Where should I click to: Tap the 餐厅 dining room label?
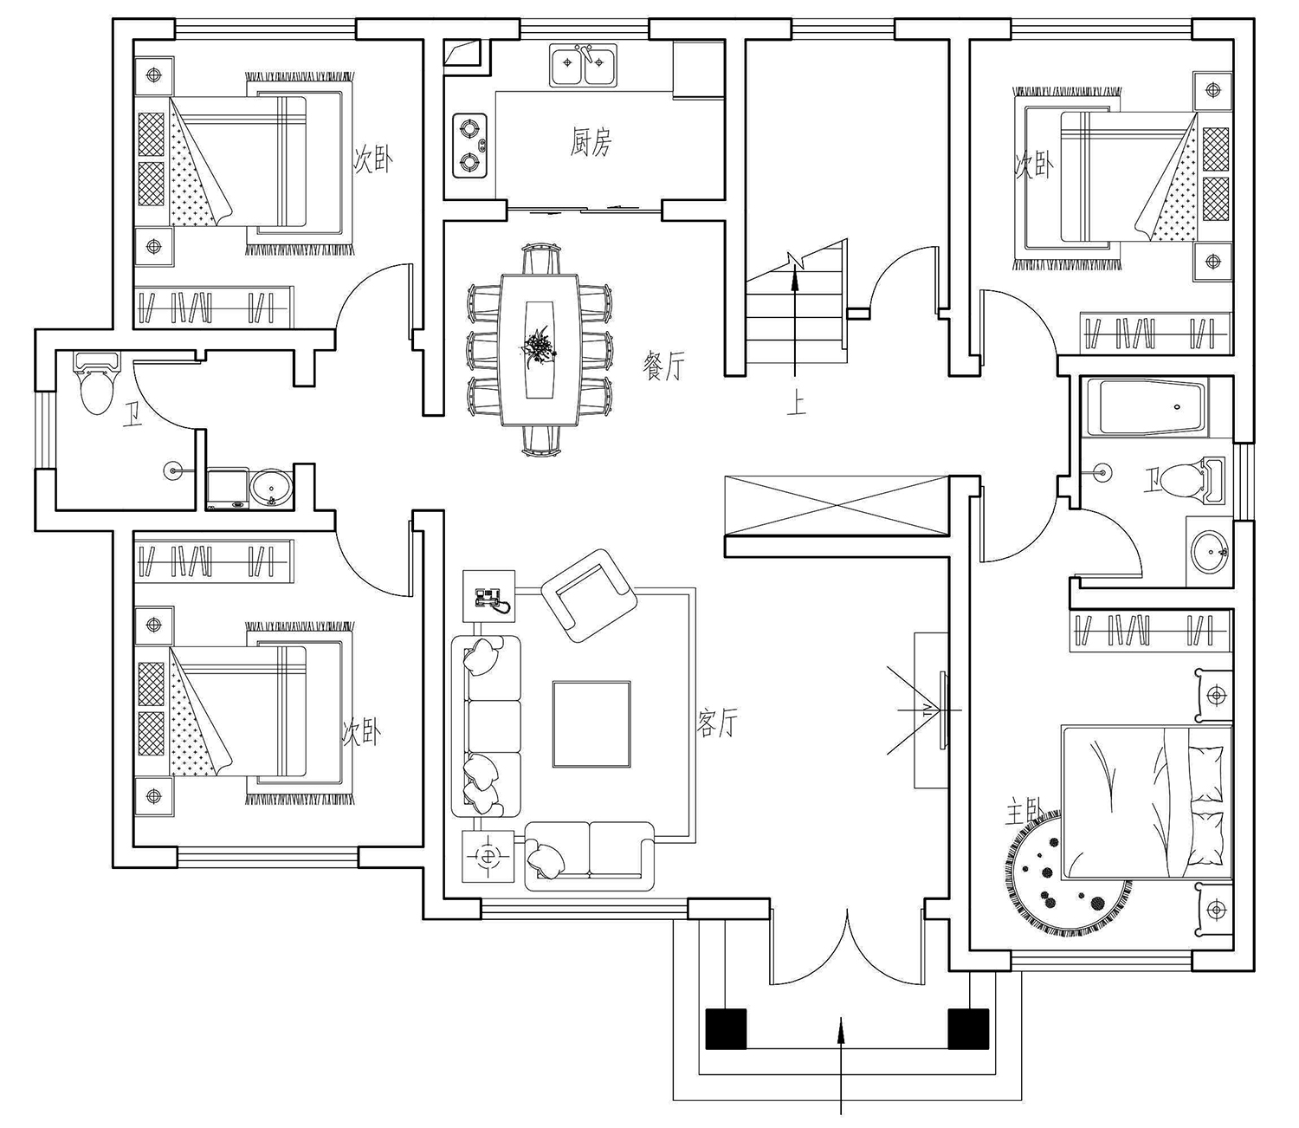click(x=664, y=367)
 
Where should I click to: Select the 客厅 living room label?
click(x=717, y=723)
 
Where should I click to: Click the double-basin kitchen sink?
click(x=583, y=65)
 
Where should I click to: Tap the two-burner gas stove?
click(x=470, y=146)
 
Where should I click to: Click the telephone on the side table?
click(x=490, y=599)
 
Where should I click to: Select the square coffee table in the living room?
click(x=591, y=724)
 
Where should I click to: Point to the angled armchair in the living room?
click(x=589, y=596)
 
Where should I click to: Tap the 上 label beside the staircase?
click(x=796, y=404)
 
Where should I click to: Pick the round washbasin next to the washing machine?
click(x=272, y=488)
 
